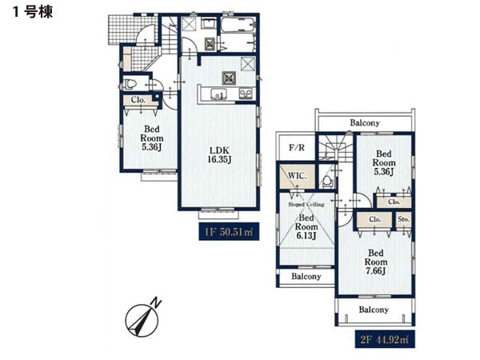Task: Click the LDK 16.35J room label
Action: tap(218, 155)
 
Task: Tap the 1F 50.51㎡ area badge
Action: tap(229, 231)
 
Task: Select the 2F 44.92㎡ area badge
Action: tap(385, 339)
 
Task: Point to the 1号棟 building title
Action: tap(33, 12)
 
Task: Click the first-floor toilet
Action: tap(129, 84)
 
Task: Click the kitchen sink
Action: tap(218, 94)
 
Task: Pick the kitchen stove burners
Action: tap(246, 94)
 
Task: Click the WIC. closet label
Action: tap(298, 176)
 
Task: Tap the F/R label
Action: tap(297, 147)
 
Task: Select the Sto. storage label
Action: tap(404, 219)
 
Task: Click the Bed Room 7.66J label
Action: tap(376, 262)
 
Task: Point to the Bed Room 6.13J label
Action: tap(306, 227)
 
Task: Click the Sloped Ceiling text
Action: tap(306, 204)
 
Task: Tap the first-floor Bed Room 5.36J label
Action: tap(151, 138)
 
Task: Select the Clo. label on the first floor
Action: tap(138, 100)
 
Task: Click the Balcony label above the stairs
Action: tap(365, 122)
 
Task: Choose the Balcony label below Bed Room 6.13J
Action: tap(306, 277)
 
